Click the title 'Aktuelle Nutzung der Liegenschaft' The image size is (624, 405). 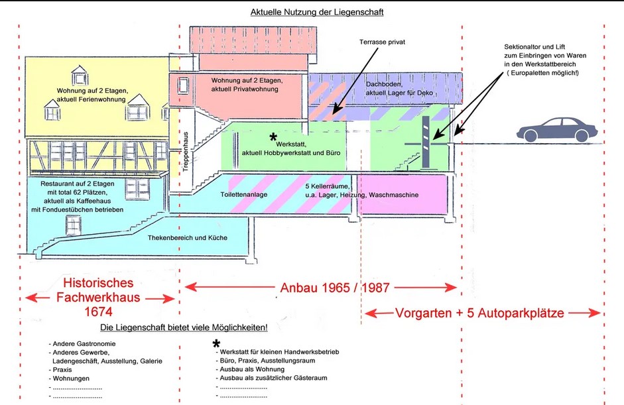pyautogui.click(x=316, y=12)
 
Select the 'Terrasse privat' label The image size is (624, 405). pyautogui.click(x=382, y=42)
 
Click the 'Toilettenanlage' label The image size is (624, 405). pyautogui.click(x=244, y=196)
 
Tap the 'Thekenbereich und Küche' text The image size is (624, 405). pyautogui.click(x=187, y=237)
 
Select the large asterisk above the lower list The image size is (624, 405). pyautogui.click(x=216, y=343)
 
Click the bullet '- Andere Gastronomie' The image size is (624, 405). pyautogui.click(x=82, y=343)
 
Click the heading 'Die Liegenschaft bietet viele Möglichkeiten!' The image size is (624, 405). pyautogui.click(x=184, y=328)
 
